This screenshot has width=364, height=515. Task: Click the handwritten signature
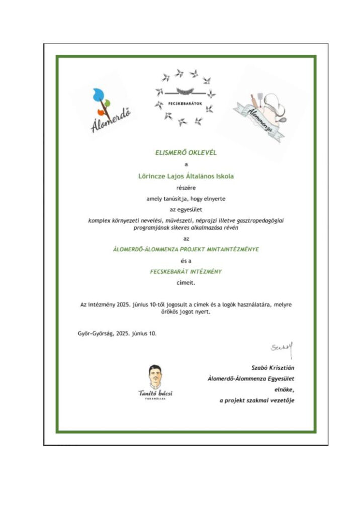[282, 347]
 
